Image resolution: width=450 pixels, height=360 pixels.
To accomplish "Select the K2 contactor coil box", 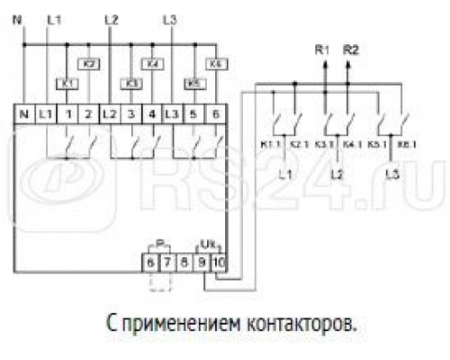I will (90, 64).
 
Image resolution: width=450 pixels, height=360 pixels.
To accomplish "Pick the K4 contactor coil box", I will (153, 64).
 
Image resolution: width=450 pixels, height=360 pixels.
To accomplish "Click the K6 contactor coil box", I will (216, 64).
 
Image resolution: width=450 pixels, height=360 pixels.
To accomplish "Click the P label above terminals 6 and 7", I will (159, 245).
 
